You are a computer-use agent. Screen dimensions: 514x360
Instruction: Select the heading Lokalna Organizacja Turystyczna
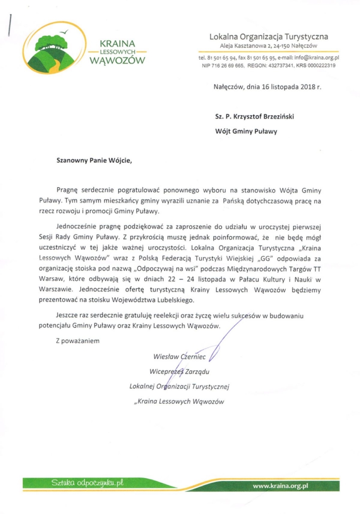269,36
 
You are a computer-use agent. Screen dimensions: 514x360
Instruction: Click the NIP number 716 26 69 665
230,65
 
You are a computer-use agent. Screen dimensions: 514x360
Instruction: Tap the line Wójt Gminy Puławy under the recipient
246,132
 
